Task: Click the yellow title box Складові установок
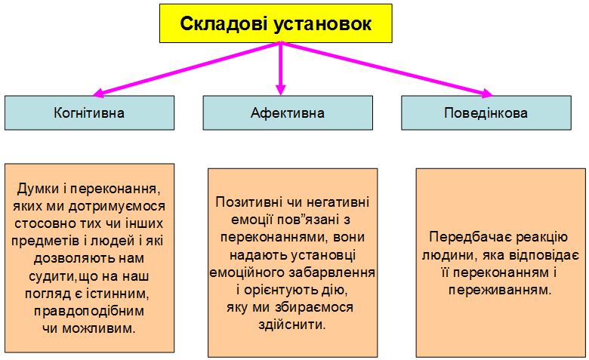(276, 23)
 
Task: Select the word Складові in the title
(224, 23)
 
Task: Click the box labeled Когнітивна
(89, 113)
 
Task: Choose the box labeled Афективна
(288, 113)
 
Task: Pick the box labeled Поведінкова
(486, 113)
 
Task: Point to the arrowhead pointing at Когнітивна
(98, 93)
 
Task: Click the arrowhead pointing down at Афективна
(281, 90)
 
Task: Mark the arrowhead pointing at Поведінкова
(487, 93)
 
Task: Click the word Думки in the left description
(38, 189)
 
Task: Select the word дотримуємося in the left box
(117, 206)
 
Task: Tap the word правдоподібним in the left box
(89, 311)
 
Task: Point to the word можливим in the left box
(98, 329)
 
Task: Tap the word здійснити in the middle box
(292, 325)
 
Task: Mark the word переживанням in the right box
(500, 290)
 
